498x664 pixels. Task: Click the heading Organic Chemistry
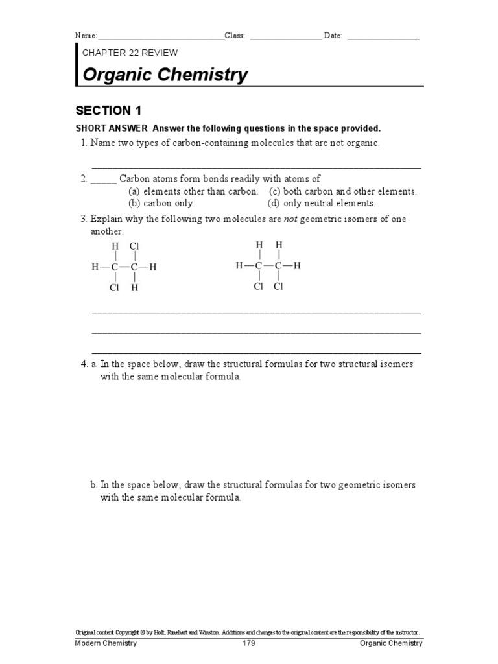click(165, 75)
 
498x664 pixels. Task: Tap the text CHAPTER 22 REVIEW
click(130, 53)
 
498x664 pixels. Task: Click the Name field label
click(86, 36)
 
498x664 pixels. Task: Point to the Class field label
click(235, 36)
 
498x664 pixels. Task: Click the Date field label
click(333, 36)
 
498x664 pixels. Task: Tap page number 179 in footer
click(249, 643)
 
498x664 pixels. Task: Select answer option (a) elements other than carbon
click(193, 191)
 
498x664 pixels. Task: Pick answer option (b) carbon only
click(161, 203)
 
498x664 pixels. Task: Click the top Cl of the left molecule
click(134, 246)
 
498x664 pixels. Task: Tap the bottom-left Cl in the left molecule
click(115, 288)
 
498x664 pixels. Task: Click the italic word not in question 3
click(291, 219)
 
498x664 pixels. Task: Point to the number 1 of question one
click(84, 143)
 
